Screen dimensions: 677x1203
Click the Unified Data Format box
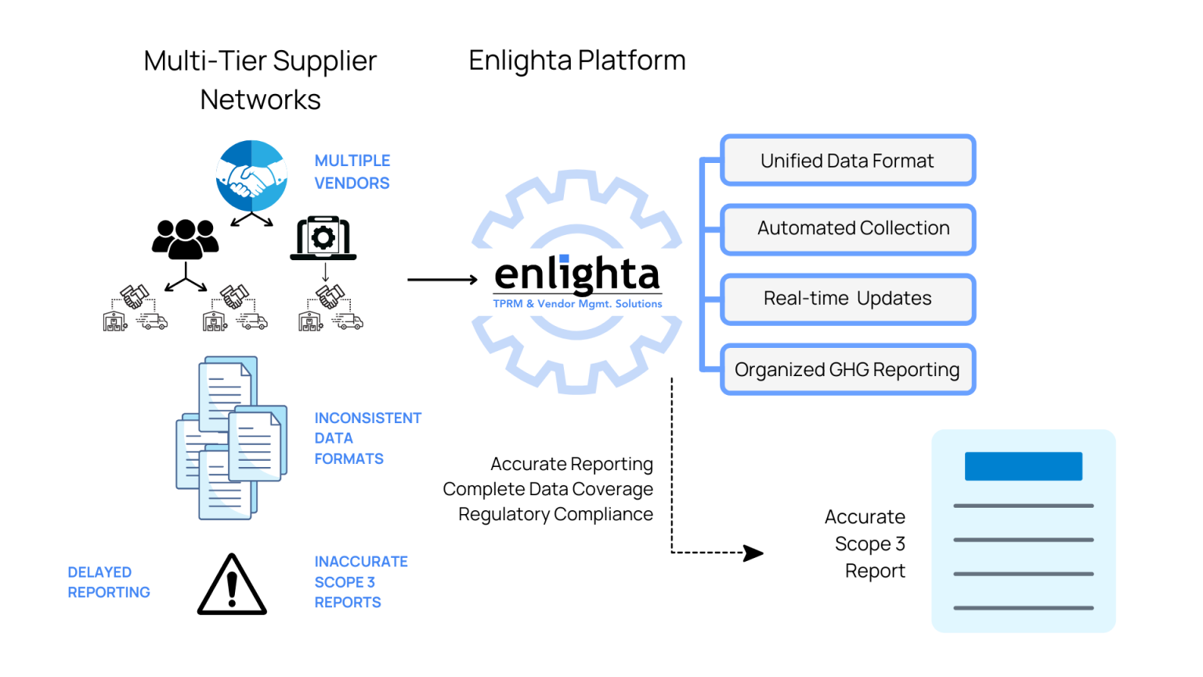(x=847, y=161)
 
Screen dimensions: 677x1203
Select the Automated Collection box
(x=847, y=229)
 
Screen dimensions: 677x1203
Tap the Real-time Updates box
(x=847, y=299)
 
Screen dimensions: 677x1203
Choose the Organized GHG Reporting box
(x=847, y=369)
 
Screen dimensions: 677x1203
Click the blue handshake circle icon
(x=251, y=176)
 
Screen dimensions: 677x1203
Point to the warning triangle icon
(x=232, y=586)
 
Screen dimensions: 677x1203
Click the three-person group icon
(x=185, y=239)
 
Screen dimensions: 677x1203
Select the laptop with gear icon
(x=323, y=239)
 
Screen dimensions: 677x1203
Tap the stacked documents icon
(x=231, y=439)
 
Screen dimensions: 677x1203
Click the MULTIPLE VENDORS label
(x=352, y=172)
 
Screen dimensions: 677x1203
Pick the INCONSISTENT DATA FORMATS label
(x=367, y=438)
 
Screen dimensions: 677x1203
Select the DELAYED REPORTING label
(x=108, y=582)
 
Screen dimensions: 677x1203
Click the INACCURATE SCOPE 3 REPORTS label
(x=360, y=581)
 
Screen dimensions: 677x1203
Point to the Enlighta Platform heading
(x=576, y=60)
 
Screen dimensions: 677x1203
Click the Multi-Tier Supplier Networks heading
(x=260, y=80)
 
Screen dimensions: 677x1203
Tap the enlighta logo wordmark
(x=577, y=275)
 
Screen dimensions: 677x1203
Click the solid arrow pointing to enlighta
(x=442, y=280)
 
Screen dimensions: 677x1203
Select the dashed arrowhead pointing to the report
(x=753, y=553)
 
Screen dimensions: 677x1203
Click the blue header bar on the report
(x=1023, y=466)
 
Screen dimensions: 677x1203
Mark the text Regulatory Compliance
(x=555, y=514)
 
